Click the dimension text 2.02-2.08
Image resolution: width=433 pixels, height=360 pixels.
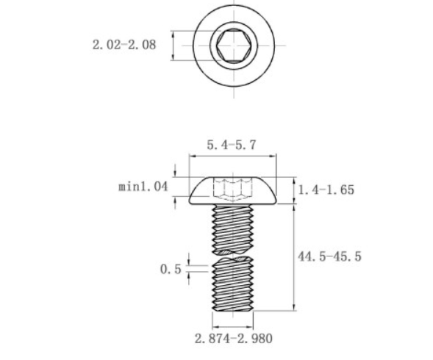124,45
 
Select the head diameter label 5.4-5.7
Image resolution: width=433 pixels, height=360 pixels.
231,145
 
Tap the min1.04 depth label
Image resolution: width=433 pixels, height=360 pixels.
143,187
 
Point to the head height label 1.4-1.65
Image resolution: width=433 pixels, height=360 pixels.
326,190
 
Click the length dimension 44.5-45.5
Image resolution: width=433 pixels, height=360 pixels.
329,256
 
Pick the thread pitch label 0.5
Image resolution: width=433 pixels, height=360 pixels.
171,269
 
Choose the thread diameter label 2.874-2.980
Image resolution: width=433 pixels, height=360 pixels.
233,339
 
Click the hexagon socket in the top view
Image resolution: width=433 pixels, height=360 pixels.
233,46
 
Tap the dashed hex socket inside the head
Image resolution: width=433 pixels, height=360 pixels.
232,189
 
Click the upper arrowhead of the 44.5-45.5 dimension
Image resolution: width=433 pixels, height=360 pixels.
295,208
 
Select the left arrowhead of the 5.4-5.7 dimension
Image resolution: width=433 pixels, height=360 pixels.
193,156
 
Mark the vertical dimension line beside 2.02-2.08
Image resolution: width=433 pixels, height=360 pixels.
173,46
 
